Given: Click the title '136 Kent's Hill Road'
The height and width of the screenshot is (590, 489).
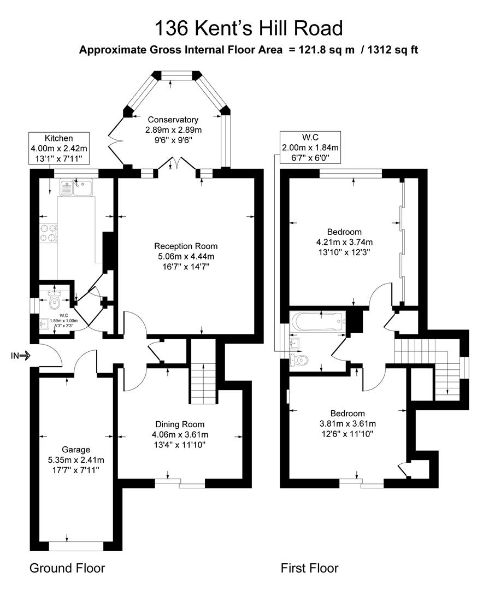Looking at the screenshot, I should (249, 28).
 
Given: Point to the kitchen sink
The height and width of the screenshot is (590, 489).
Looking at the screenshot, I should (77, 188).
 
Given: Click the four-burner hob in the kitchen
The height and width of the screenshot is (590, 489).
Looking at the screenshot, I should (49, 233).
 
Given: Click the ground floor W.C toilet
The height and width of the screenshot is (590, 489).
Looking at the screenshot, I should (54, 299).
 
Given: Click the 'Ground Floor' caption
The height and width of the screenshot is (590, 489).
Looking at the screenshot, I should (67, 568).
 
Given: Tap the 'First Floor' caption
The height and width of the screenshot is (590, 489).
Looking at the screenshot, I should (309, 568).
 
